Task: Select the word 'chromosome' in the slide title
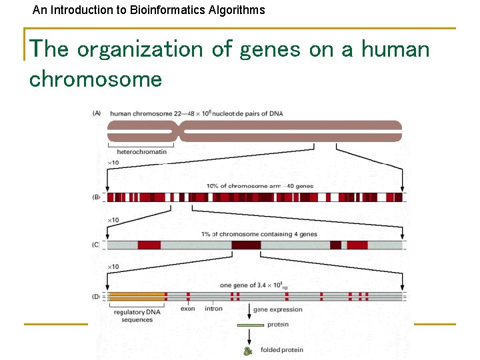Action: point(95,79)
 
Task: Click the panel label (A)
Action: point(97,113)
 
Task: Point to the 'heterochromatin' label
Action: point(141,151)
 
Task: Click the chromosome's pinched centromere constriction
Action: point(178,131)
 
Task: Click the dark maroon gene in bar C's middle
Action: point(246,245)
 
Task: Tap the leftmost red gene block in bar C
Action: point(149,245)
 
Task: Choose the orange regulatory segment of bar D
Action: point(137,296)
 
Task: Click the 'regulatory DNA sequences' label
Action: point(137,315)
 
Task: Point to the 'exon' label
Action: point(188,309)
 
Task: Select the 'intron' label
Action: point(213,309)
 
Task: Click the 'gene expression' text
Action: point(277,309)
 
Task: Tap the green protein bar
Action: point(251,325)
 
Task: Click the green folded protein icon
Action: point(249,350)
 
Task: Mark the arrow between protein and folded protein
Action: point(250,337)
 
